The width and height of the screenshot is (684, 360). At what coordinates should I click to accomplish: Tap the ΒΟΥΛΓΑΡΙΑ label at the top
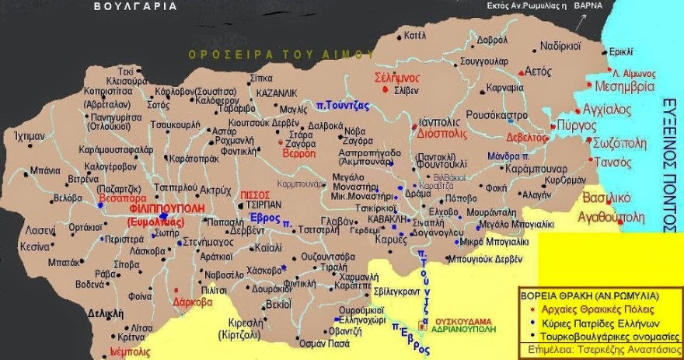(134, 6)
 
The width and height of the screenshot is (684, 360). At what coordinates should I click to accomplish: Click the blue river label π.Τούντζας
(343, 104)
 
